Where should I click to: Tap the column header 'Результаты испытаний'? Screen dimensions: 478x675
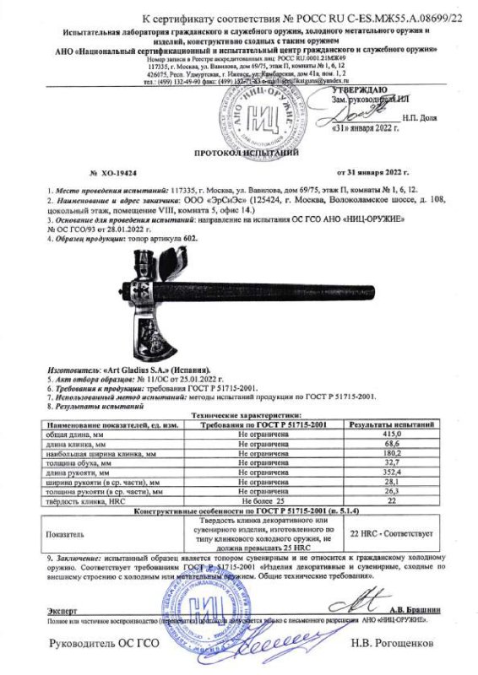point(392,419)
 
